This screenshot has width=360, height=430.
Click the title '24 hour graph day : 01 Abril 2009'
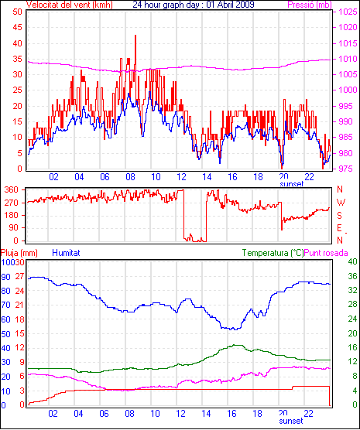coord(194,5)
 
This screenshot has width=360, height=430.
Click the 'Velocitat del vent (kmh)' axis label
coord(70,5)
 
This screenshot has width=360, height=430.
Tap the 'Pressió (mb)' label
coord(310,5)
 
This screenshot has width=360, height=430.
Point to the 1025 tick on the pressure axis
coord(348,12)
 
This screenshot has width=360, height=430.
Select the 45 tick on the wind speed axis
coord(17,27)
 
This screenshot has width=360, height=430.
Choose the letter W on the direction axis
coord(341,203)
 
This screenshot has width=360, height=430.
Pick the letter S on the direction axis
coord(339,216)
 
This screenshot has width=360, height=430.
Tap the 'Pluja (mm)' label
coord(19,253)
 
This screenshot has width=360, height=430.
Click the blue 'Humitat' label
coord(66,253)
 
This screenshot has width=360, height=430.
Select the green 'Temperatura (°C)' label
coord(273,253)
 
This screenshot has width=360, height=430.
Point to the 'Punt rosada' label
coord(326,253)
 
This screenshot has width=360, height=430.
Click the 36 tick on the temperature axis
coord(352,276)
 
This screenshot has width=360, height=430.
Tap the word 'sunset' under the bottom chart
coord(291,421)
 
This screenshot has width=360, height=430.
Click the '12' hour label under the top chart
coord(181,177)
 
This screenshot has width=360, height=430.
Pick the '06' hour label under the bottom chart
coord(104,413)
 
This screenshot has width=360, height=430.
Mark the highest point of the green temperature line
coord(234,345)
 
